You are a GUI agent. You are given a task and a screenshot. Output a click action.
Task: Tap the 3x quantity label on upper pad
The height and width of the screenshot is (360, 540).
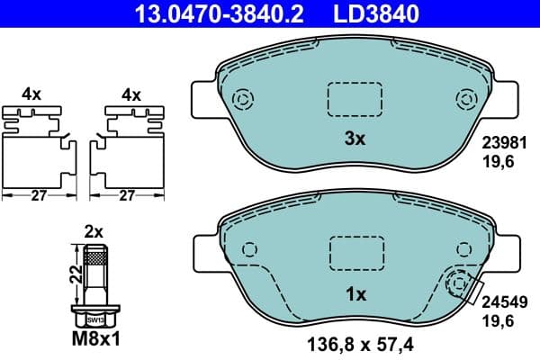pos(355,139)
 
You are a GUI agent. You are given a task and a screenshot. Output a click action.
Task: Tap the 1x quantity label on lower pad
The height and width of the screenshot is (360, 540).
pos(355,294)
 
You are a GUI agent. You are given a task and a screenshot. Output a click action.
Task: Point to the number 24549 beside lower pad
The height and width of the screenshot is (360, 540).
pos(503,304)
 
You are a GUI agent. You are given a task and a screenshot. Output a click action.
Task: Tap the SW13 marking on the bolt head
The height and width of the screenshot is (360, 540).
pos(94,319)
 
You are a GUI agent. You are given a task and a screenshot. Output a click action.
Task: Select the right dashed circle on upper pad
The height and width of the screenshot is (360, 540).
pos(465,99)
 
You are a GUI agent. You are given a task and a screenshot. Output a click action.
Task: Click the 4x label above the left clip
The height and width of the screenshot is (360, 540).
pos(32,94)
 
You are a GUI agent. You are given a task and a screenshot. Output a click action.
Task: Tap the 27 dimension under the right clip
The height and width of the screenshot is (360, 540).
pos(128,194)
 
